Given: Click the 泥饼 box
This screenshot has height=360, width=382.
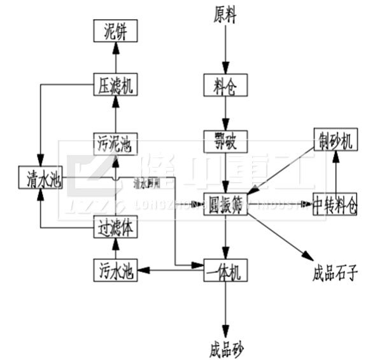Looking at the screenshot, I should (116, 30).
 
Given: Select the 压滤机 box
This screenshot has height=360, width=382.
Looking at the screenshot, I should (116, 85).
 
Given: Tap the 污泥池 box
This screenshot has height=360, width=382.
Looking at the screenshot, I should (116, 141).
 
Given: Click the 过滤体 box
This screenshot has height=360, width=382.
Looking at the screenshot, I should (116, 227).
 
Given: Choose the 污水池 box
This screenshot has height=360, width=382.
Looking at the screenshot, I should (116, 271).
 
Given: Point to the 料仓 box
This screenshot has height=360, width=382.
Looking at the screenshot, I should (225, 85).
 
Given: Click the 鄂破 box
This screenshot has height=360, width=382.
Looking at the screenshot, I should (225, 140).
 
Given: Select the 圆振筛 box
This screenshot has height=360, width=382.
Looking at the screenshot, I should (225, 204).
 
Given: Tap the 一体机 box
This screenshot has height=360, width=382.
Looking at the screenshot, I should (225, 270).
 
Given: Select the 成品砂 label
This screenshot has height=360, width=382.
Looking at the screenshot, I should (225, 349).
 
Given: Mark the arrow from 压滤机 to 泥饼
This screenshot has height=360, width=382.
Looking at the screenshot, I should (116, 57).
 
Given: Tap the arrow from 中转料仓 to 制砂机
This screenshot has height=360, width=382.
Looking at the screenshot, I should (337, 172).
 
